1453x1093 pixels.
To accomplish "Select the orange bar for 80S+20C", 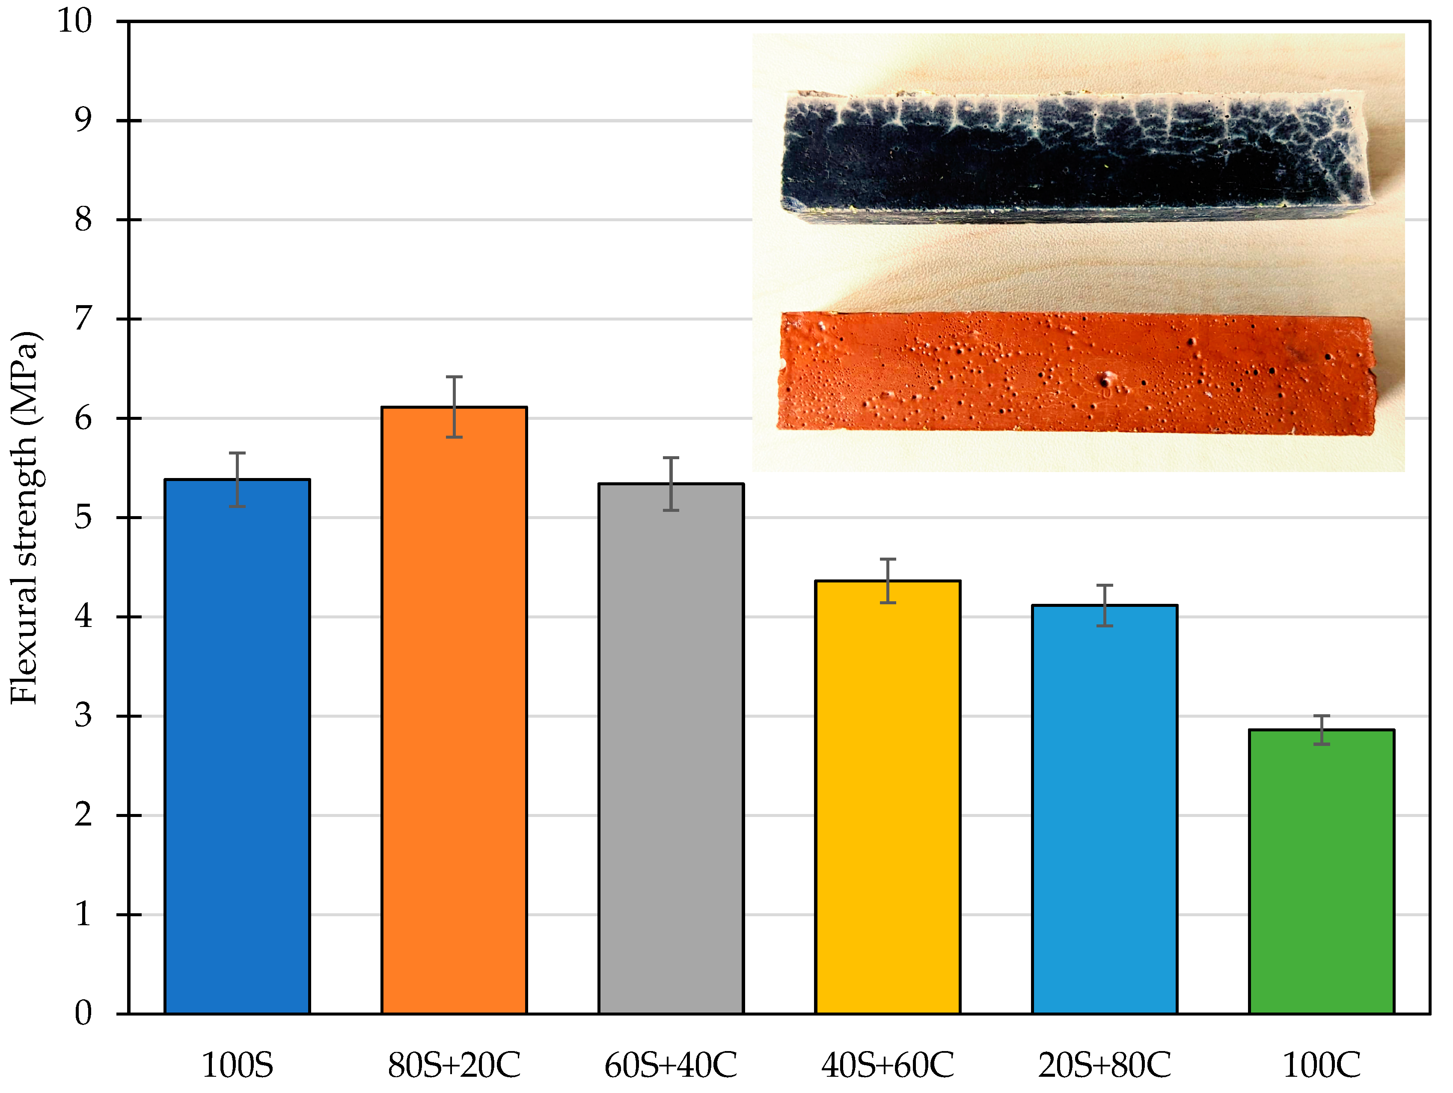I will tap(454, 710).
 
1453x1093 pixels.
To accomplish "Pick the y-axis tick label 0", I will tap(83, 1013).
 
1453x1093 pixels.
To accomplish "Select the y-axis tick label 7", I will tap(83, 319).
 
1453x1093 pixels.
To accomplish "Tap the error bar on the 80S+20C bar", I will tap(454, 407).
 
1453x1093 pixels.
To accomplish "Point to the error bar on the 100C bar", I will tap(1321, 730).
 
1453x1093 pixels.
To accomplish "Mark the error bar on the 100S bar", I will tap(237, 479).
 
